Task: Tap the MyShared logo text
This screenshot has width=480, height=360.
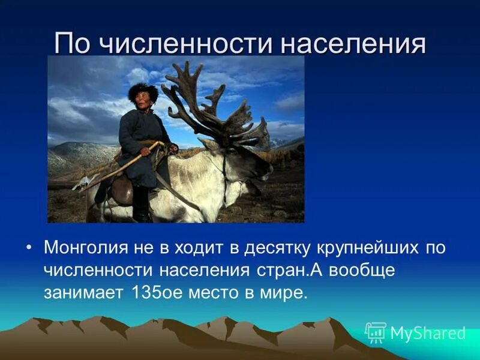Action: tap(428, 333)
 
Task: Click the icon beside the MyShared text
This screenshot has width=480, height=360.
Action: tap(376, 332)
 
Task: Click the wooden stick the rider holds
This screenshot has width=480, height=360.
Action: tap(120, 168)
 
